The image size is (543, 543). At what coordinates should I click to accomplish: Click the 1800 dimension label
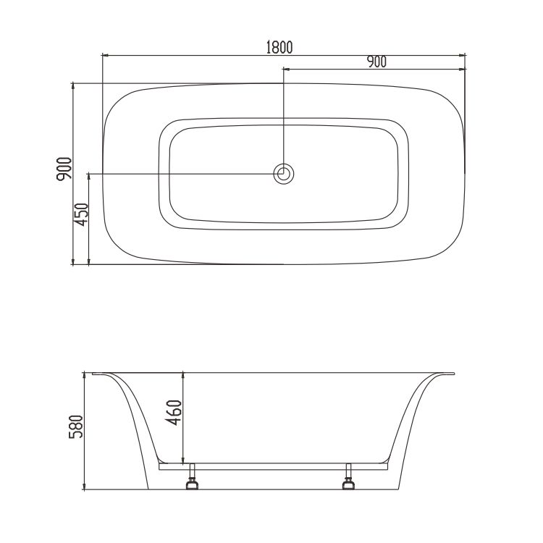coord(279,48)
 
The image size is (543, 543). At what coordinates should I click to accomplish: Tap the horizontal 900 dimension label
coord(376,62)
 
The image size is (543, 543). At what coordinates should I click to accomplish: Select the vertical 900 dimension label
coord(64,169)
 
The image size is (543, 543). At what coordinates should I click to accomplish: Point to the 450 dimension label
coord(82,214)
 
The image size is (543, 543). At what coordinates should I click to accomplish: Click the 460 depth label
coord(173,413)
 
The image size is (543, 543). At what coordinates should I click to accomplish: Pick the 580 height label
coord(76,426)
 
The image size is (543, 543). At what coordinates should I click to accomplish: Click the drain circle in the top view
coord(284,174)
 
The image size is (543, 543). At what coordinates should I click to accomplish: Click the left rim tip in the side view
coord(93,374)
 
